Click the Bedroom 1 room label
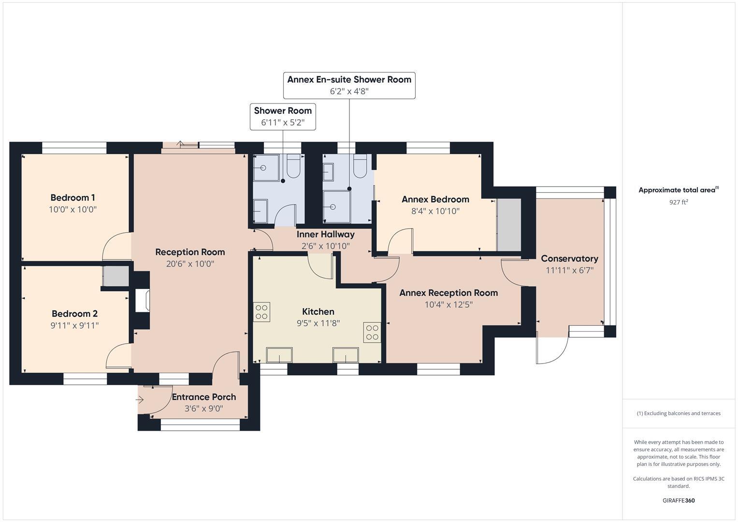(x=72, y=198)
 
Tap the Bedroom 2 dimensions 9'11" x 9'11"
(x=74, y=326)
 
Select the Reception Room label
(x=190, y=252)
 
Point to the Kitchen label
(x=318, y=312)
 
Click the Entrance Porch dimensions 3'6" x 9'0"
(x=203, y=409)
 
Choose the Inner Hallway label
(x=325, y=234)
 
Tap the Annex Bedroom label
(x=435, y=199)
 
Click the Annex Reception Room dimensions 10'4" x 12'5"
(x=448, y=305)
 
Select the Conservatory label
(x=569, y=259)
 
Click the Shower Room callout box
(x=283, y=116)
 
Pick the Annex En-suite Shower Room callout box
(x=349, y=86)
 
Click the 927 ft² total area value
(x=678, y=203)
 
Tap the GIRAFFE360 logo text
(x=678, y=500)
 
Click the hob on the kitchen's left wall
(x=262, y=312)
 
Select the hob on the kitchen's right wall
(x=372, y=333)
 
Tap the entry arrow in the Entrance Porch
(x=140, y=400)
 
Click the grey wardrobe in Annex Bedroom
(x=509, y=225)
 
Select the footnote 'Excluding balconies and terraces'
(x=678, y=413)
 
